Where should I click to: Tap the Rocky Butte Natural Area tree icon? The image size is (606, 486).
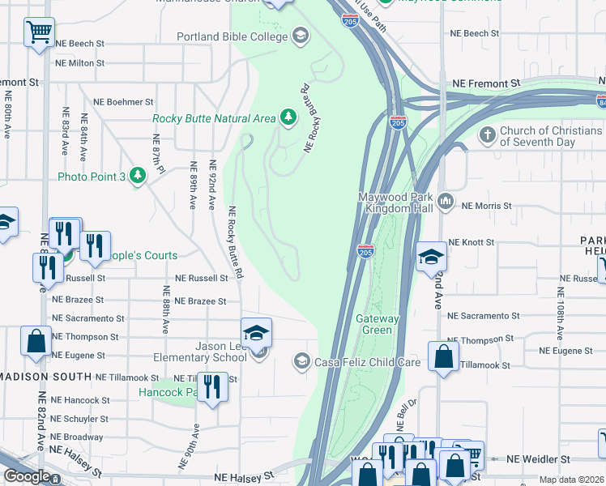tap(288, 118)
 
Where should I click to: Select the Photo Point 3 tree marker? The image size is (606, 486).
tap(138, 176)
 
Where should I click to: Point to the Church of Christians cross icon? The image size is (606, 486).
tap(488, 134)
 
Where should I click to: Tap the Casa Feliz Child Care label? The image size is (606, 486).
tap(367, 362)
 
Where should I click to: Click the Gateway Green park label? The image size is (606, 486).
tap(378, 324)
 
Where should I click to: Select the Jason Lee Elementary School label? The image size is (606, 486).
tap(201, 352)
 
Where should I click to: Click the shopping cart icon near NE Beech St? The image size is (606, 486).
tap(39, 33)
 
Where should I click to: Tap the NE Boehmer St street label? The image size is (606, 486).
tap(123, 102)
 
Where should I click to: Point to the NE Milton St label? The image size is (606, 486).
tap(80, 62)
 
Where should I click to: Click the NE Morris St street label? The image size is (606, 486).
tap(487, 206)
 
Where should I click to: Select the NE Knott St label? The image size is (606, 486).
tap(471, 242)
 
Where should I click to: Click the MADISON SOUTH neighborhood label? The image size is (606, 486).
tap(46, 377)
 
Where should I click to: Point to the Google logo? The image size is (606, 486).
tap(27, 476)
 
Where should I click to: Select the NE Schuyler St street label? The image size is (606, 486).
tap(79, 419)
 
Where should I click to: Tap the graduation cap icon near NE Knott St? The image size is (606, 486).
tap(432, 258)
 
